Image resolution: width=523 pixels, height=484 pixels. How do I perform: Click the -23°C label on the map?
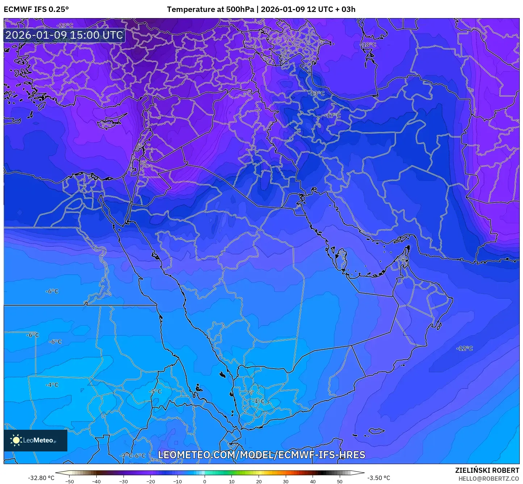(x=65, y=26)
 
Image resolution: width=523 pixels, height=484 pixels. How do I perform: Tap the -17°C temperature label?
(x=333, y=115)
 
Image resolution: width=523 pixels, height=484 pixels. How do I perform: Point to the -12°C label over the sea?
(x=465, y=348)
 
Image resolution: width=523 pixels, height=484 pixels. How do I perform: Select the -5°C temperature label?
(x=155, y=391)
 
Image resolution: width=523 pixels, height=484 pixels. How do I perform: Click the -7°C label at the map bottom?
(x=126, y=456)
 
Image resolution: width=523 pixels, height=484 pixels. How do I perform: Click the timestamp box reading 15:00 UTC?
(x=64, y=35)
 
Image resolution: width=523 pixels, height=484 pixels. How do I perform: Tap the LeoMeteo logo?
(x=35, y=440)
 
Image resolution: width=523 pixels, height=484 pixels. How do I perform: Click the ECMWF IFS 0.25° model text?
(x=36, y=9)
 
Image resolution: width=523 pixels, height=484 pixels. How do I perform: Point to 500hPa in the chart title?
(x=240, y=9)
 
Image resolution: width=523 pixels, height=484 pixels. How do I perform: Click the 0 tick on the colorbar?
(x=205, y=481)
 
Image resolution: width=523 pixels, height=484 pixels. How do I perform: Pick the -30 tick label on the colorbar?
(x=124, y=481)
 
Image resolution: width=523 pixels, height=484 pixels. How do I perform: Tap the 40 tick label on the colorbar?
(x=313, y=481)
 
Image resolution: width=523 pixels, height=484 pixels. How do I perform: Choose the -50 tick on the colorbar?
(x=70, y=481)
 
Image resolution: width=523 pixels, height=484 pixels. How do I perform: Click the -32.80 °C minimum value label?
(x=41, y=478)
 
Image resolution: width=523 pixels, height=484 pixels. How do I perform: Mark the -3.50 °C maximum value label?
(x=379, y=478)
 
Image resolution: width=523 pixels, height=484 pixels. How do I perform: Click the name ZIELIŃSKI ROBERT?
(x=487, y=470)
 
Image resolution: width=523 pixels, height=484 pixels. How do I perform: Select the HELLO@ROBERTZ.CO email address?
(x=489, y=479)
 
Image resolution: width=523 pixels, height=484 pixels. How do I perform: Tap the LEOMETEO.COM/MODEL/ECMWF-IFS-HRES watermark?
(x=261, y=455)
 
